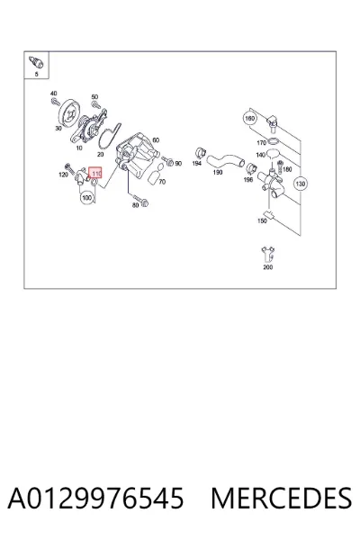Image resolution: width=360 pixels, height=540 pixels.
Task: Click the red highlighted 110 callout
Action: (x=95, y=173)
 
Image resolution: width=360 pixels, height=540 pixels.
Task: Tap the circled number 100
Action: (x=87, y=198)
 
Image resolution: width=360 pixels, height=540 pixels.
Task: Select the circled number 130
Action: (x=300, y=184)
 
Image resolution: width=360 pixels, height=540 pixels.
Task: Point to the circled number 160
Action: (x=249, y=119)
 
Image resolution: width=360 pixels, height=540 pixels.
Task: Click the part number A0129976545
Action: (x=95, y=498)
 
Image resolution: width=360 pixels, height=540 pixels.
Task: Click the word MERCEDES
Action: (x=281, y=498)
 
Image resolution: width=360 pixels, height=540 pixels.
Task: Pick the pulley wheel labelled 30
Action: (x=69, y=113)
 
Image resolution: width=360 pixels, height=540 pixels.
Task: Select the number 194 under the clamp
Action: (x=197, y=163)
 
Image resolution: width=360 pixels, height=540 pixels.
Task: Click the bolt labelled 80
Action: (x=140, y=201)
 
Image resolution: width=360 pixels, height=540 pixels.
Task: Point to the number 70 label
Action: (x=162, y=182)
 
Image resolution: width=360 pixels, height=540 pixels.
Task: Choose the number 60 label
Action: (x=156, y=140)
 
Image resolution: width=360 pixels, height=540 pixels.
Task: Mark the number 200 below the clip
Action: (x=267, y=267)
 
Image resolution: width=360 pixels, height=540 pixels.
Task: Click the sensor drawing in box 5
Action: (x=37, y=62)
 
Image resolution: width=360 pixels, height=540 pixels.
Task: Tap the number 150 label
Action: (x=262, y=220)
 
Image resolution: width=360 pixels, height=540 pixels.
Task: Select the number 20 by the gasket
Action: (x=101, y=155)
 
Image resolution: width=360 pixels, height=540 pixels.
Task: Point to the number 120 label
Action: (x=63, y=175)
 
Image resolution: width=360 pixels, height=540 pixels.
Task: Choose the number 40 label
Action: (x=53, y=94)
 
